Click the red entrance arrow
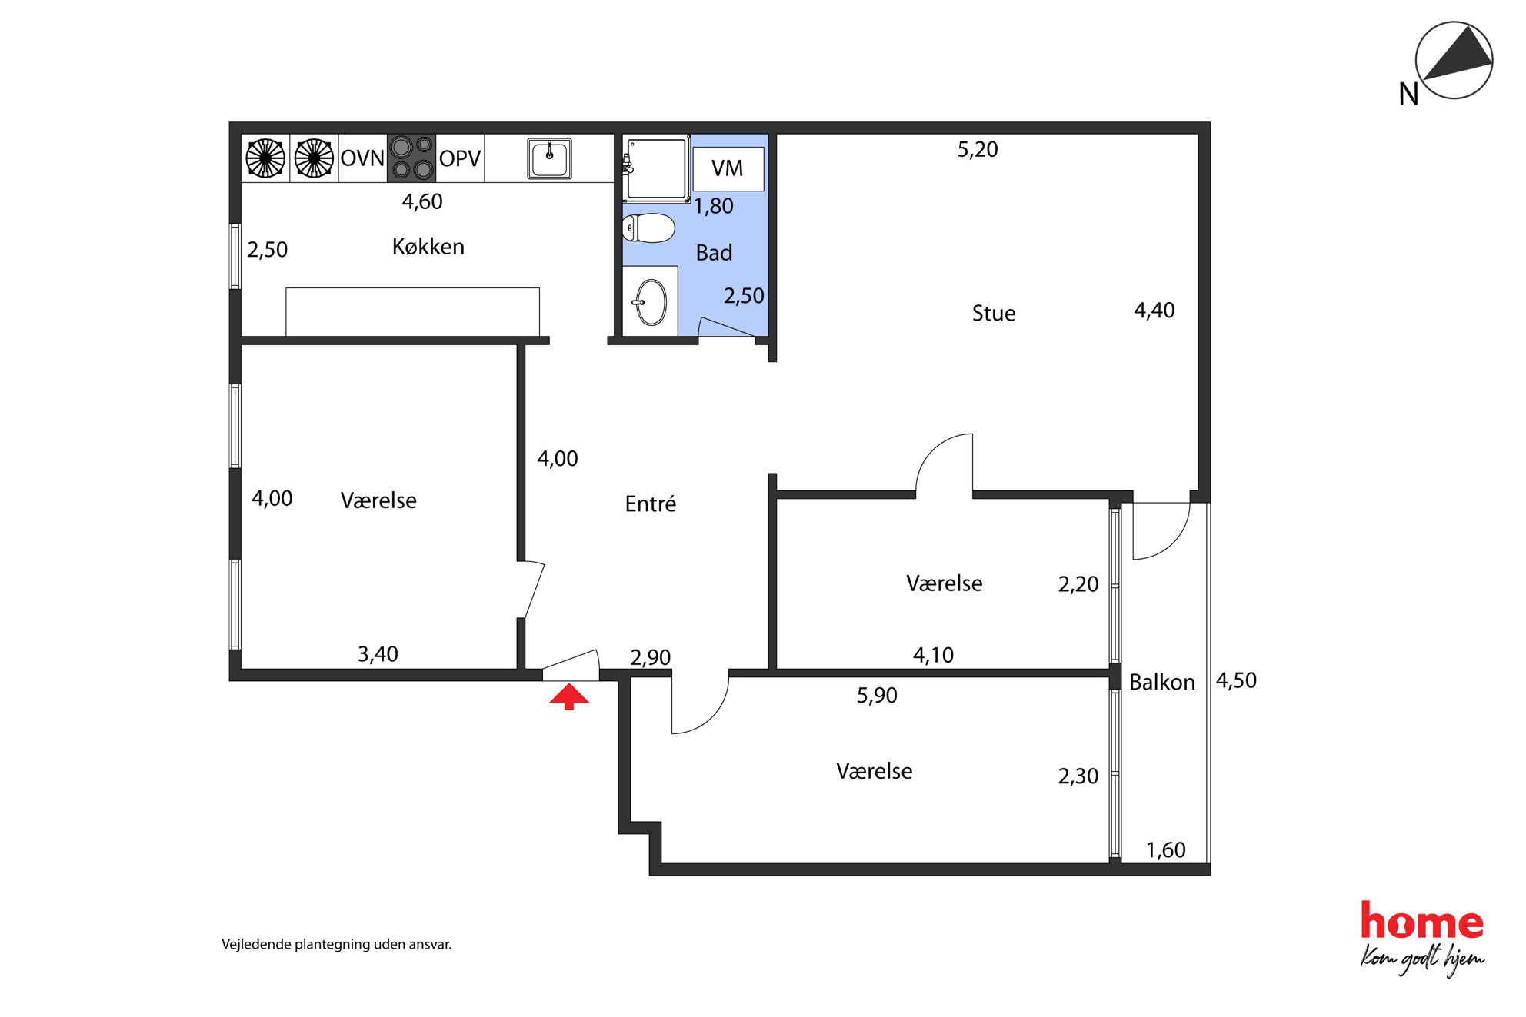click(568, 697)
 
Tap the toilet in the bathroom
click(648, 228)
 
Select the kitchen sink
click(549, 158)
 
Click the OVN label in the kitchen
click(362, 158)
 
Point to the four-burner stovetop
click(411, 158)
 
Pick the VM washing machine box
click(728, 168)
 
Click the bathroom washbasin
click(651, 302)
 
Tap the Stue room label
click(994, 314)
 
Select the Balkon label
click(1162, 683)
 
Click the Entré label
click(651, 504)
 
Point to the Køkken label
click(428, 247)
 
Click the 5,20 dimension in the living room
click(978, 150)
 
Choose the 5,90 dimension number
click(877, 696)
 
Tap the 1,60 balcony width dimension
click(1166, 850)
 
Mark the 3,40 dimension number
click(378, 654)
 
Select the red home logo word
click(1422, 921)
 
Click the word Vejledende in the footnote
click(256, 944)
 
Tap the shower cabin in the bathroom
click(655, 169)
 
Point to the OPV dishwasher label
click(460, 158)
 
